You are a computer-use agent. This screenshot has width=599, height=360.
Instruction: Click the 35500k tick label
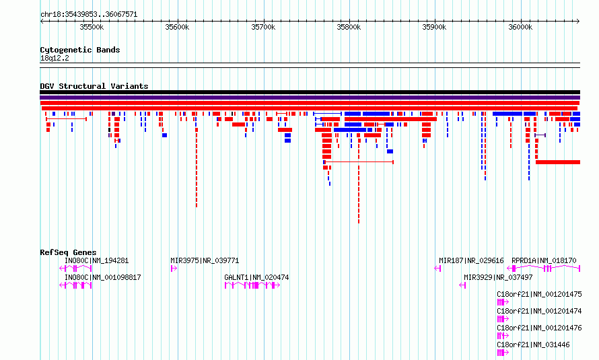[92, 27]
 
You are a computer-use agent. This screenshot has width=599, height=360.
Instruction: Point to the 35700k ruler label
[263, 27]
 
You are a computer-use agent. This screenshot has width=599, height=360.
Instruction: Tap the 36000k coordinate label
[520, 27]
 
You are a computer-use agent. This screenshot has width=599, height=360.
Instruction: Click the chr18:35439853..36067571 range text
[89, 15]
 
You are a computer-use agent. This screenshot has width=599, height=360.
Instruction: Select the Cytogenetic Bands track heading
[80, 50]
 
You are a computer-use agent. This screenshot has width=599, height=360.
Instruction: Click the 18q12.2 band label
[55, 58]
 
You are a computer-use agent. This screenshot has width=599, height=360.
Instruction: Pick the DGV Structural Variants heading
[94, 86]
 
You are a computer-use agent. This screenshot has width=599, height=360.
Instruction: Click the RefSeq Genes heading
[68, 252]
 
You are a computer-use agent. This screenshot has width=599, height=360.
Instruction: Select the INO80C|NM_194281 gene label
[97, 260]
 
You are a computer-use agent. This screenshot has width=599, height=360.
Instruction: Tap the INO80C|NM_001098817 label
[103, 277]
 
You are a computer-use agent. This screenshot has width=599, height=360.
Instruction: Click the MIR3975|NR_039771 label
[205, 260]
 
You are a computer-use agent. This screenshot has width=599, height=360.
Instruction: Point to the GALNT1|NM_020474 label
[256, 277]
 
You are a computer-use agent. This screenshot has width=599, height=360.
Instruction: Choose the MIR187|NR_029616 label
[471, 260]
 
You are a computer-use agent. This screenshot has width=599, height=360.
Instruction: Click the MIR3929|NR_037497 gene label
[498, 277]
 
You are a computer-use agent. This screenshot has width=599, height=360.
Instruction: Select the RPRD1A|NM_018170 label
[544, 260]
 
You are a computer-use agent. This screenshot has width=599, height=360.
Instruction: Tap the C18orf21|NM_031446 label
[533, 345]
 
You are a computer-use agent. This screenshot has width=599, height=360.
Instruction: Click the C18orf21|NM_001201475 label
[539, 294]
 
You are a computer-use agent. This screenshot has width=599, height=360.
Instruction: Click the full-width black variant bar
[310, 92]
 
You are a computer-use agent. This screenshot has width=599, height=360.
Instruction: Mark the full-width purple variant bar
[310, 98]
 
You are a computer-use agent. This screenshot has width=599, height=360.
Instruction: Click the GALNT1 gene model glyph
[252, 285]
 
